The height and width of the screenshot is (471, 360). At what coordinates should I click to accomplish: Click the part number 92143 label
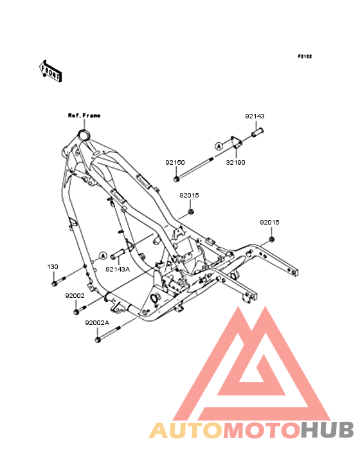(255, 116)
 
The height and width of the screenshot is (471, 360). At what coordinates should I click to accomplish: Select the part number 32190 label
(235, 163)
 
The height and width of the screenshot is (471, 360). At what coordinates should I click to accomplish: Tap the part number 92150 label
(175, 163)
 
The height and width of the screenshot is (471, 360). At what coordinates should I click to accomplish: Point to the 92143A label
(118, 270)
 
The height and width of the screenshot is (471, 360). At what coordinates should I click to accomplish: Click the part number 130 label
(53, 267)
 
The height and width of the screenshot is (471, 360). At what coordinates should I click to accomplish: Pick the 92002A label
(97, 323)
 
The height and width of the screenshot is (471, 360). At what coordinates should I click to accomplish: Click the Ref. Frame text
(84, 116)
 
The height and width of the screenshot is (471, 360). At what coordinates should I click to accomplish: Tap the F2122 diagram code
(305, 57)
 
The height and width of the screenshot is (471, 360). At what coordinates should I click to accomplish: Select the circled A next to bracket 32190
(219, 146)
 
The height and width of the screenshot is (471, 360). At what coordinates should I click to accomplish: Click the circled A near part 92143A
(103, 255)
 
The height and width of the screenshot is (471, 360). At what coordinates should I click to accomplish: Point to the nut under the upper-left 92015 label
(191, 212)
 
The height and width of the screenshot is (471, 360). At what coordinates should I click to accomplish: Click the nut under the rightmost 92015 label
(272, 239)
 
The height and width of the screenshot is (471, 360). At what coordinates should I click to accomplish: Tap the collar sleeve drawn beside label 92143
(257, 133)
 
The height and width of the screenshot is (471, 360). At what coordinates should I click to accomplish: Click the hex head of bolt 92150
(176, 180)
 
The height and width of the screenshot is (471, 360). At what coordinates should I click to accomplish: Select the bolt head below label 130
(54, 284)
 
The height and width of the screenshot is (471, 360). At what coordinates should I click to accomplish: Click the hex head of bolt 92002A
(98, 340)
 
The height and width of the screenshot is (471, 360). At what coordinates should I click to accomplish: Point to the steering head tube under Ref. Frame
(84, 135)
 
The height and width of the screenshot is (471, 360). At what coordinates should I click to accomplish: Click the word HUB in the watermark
(328, 430)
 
